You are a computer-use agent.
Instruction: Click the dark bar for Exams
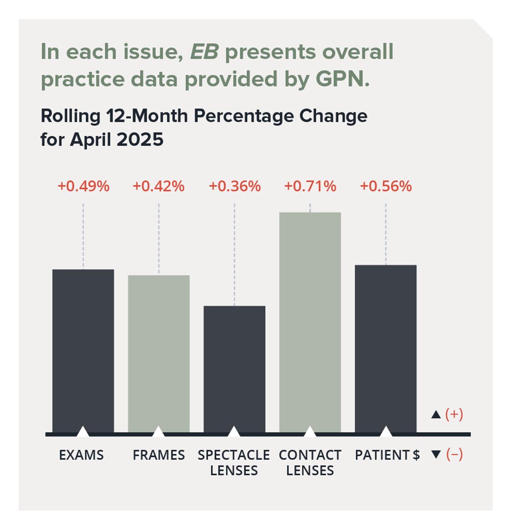[83, 350]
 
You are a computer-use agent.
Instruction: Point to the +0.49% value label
[83, 186]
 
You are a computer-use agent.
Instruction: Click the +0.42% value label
[158, 186]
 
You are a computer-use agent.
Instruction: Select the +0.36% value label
[235, 186]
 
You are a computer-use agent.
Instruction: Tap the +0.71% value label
[310, 186]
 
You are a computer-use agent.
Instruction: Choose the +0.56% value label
[385, 186]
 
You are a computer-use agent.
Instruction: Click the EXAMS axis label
[81, 455]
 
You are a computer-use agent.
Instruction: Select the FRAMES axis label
[159, 455]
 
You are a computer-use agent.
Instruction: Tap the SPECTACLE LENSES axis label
[234, 463]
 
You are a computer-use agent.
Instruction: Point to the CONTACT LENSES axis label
[310, 463]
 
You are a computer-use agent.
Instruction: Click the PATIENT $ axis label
[387, 455]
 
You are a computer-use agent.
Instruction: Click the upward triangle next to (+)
[436, 415]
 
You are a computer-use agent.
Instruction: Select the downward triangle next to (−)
[436, 455]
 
